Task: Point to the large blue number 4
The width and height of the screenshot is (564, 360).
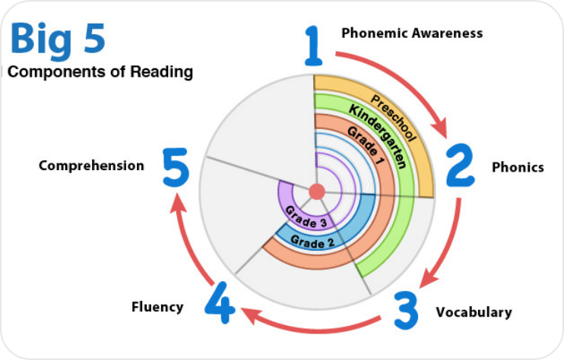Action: [x=219, y=302]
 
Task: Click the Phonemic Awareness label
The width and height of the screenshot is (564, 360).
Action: [x=412, y=33]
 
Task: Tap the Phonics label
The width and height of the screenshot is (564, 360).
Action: [x=518, y=167]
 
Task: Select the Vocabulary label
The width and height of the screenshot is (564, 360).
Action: [x=474, y=312]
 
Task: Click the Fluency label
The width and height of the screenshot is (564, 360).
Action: [x=157, y=307]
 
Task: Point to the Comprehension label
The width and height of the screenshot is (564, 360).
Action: [x=92, y=165]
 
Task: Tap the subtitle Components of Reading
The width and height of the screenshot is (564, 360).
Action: [x=100, y=73]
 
